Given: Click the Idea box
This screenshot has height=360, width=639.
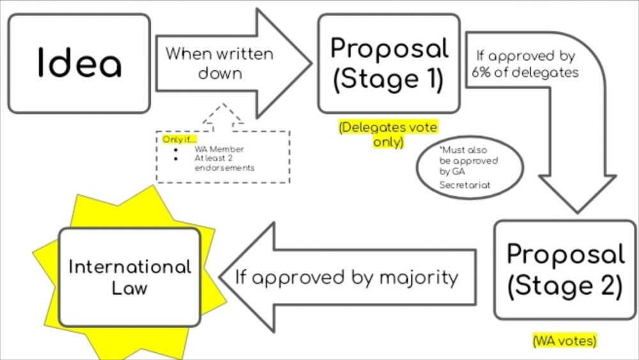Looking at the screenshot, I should [x=79, y=63].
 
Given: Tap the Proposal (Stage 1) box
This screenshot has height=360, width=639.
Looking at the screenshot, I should [x=389, y=63].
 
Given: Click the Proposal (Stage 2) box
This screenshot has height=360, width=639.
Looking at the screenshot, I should [x=565, y=269].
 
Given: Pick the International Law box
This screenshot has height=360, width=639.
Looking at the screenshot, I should [x=130, y=276].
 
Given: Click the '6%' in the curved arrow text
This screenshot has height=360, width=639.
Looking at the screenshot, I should [x=482, y=72].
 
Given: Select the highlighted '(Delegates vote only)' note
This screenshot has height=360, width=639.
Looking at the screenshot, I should [x=389, y=134].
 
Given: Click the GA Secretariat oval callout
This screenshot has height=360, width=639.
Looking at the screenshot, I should [x=469, y=168].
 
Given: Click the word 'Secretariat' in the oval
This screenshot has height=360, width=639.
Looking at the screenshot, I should [x=464, y=185].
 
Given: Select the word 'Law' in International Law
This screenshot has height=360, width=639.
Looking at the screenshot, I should [x=130, y=288].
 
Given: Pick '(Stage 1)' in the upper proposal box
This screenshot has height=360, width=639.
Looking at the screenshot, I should [x=389, y=80].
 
